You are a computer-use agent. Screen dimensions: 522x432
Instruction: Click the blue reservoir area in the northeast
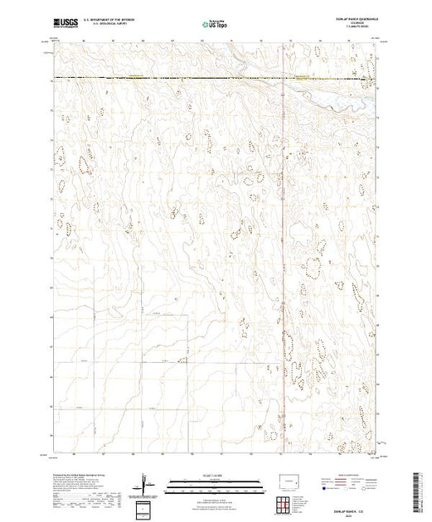pos(332,95)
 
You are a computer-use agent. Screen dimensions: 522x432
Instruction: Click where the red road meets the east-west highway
pos(284,79)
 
